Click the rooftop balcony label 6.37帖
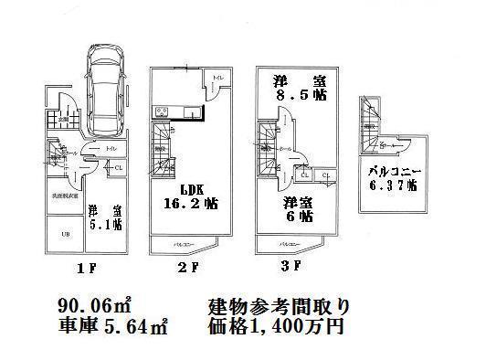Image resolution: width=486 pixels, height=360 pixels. [393, 177]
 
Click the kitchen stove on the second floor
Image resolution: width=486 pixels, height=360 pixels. [162, 112]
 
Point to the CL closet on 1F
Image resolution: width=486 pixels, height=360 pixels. [120, 167]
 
